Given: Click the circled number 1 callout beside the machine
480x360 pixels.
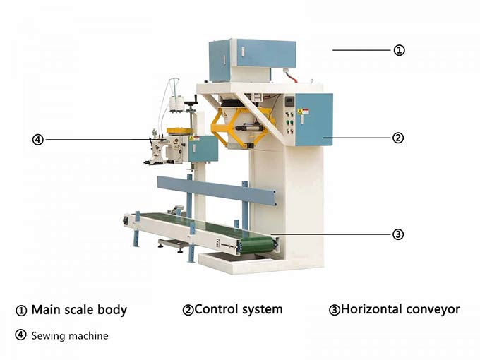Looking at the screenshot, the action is pyautogui.click(x=399, y=50).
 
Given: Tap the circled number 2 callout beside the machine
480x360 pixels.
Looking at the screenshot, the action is pyautogui.click(x=398, y=138).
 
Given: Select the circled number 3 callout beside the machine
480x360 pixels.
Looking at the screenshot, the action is pyautogui.click(x=398, y=234).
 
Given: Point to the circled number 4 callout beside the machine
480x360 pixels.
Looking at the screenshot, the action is pyautogui.click(x=38, y=140).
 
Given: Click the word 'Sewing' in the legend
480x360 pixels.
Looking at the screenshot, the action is pyautogui.click(x=49, y=336).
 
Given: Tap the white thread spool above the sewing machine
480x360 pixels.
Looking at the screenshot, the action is pyautogui.click(x=176, y=104).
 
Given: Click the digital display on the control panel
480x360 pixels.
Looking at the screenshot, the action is pyautogui.click(x=289, y=101).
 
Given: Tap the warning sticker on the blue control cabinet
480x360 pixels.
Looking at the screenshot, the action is pyautogui.click(x=303, y=112).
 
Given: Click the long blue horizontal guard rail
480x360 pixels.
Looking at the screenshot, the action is pyautogui.click(x=217, y=191).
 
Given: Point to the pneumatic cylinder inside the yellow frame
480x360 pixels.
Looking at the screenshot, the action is pyautogui.click(x=249, y=128).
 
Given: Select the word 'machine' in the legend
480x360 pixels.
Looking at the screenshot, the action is pyautogui.click(x=90, y=336).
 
